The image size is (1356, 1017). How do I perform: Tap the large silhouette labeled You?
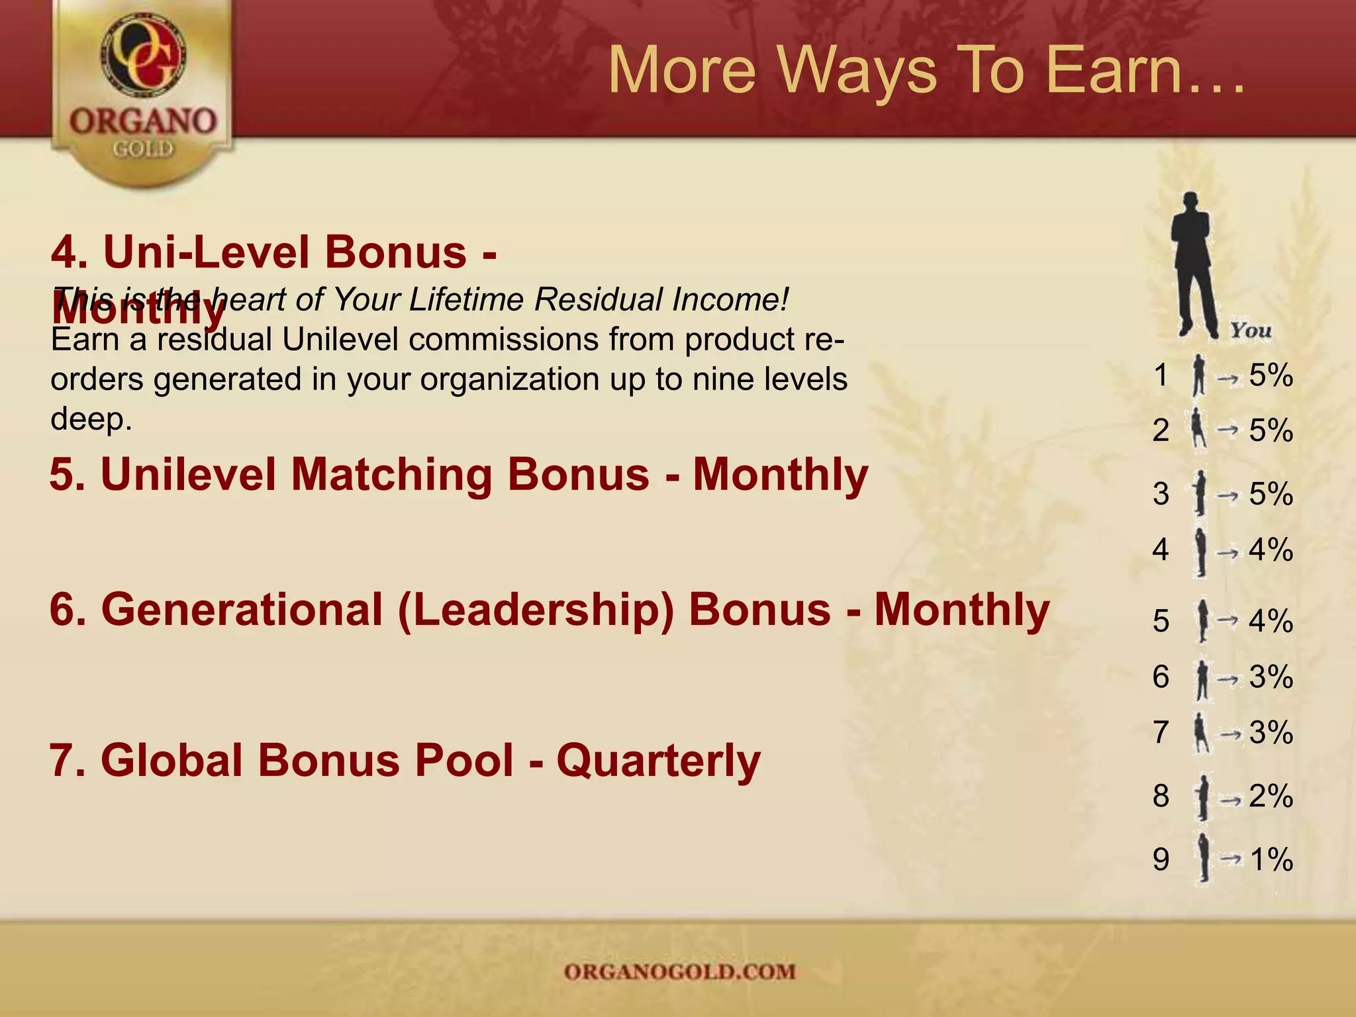coord(1193,265)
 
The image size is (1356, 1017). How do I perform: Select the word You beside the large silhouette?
coord(1250,330)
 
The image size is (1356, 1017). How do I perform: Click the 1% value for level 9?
coord(1271,859)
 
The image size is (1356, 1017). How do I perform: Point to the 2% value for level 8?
coord(1271,796)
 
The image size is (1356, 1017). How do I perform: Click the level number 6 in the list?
coord(1161,677)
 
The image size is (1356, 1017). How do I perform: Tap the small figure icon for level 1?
coord(1198,375)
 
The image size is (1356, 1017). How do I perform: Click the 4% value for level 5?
coord(1271,621)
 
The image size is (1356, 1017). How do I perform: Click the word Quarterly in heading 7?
coord(658,760)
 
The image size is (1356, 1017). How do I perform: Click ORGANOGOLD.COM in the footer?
coord(679,971)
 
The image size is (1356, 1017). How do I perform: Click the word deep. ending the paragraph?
coord(91,419)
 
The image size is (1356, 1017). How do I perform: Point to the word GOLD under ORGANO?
coord(143,150)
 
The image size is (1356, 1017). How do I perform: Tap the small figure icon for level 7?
coord(1199,732)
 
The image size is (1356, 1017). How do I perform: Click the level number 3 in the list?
coord(1161,494)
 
